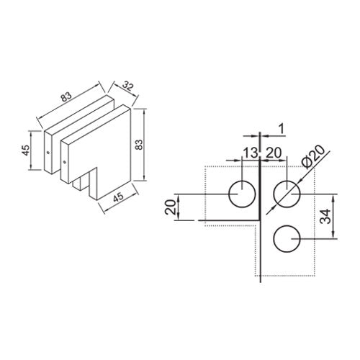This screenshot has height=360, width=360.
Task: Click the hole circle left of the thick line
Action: pos(241,194)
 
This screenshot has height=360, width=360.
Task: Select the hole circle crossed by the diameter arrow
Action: pos(287,194)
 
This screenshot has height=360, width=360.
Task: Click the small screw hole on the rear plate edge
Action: pos(49,153)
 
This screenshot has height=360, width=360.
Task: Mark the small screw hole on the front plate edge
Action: pos(65,163)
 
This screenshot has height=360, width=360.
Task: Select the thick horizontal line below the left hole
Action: pos(230,220)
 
